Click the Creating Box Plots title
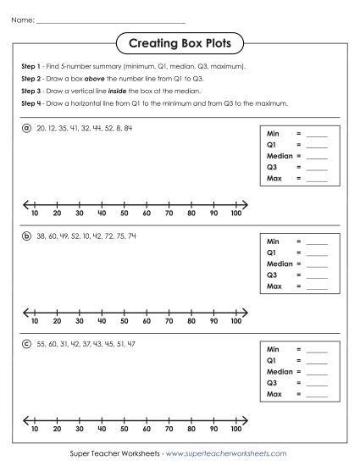tap(180, 42)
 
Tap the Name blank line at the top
tap(110, 19)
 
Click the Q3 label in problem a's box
tap(272, 168)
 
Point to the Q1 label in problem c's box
tap(272, 361)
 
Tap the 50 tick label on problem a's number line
tap(124, 214)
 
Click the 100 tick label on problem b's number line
tap(235, 322)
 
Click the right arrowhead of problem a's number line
tap(246, 204)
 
